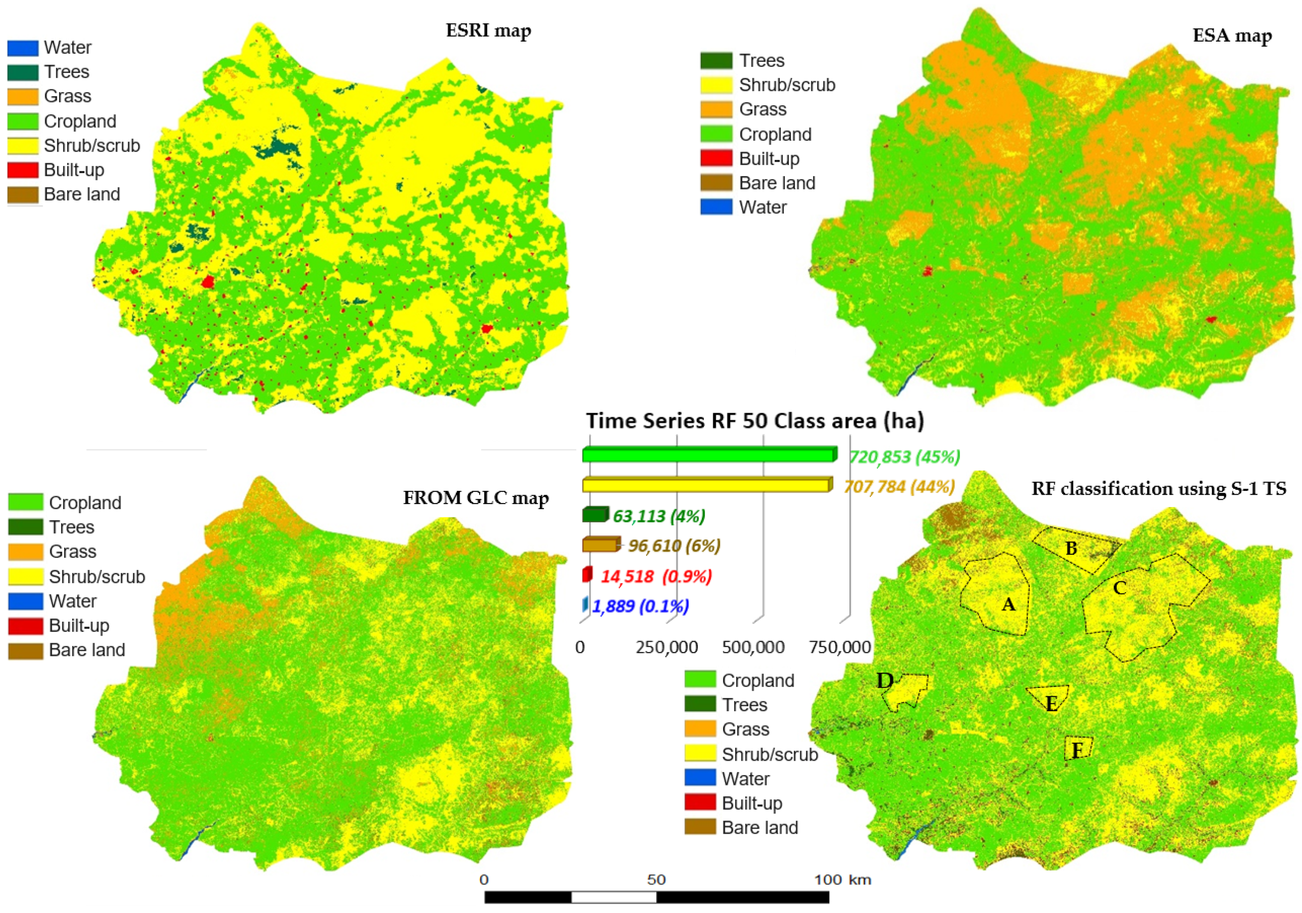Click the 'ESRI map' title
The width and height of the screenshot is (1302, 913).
click(488, 31)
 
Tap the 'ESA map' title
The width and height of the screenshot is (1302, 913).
click(1232, 36)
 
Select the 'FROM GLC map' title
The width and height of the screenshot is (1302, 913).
click(476, 498)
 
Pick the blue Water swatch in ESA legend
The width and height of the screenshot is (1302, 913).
click(716, 207)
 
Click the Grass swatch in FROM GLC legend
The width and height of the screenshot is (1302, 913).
click(26, 552)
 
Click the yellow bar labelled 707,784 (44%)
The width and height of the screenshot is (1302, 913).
click(706, 485)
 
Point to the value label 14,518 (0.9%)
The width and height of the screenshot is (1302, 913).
click(656, 577)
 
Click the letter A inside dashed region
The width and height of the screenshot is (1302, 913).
click(1008, 605)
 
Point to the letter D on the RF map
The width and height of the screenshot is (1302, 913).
click(885, 681)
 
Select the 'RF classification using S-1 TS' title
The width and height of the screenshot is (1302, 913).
click(1159, 489)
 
